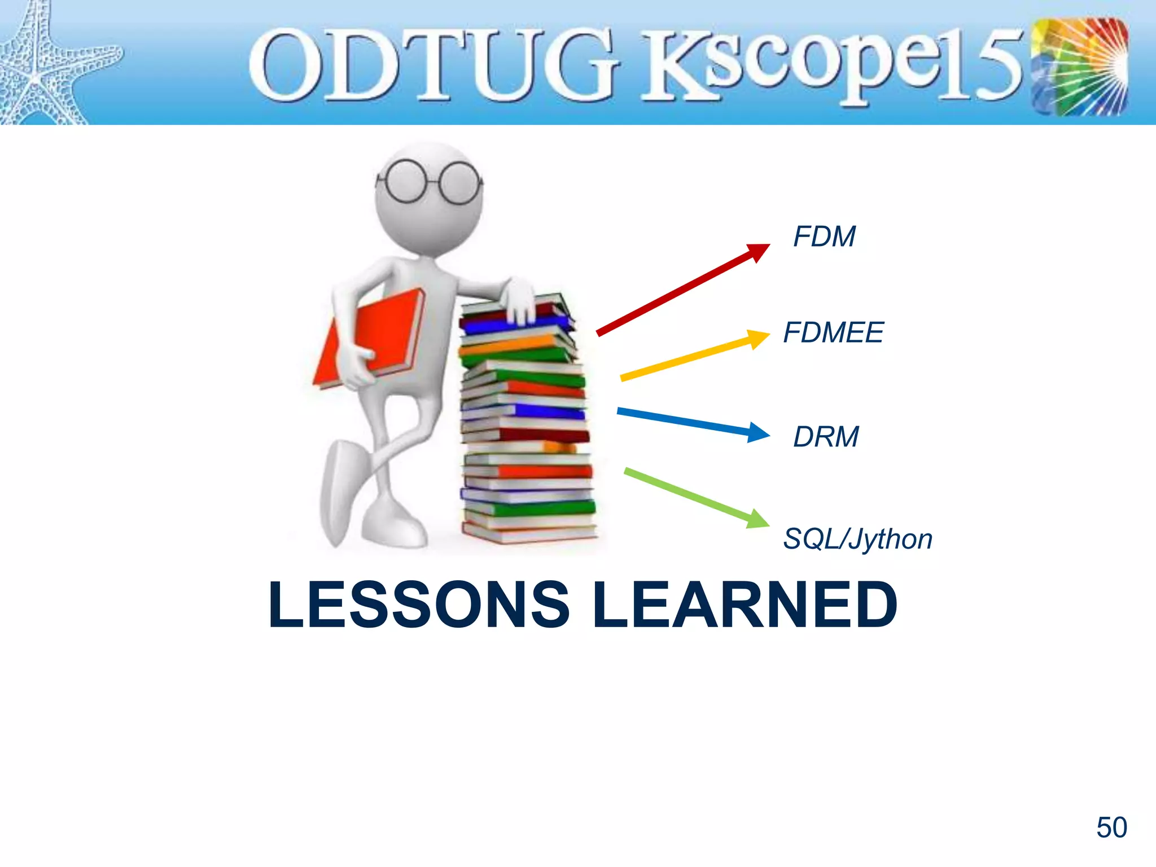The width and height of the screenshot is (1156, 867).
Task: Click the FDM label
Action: (x=824, y=237)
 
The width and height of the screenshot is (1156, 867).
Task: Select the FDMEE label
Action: (x=833, y=332)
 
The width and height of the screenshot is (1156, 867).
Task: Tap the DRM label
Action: (x=826, y=437)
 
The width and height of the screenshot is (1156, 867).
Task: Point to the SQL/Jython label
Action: (x=857, y=539)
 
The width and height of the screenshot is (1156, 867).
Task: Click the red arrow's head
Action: (x=758, y=252)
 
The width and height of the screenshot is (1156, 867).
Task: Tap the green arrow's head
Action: (x=757, y=520)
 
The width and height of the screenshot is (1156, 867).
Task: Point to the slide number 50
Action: (x=1111, y=827)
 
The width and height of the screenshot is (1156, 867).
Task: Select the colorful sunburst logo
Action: (x=1079, y=67)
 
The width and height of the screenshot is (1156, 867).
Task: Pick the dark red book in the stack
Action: (x=542, y=435)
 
